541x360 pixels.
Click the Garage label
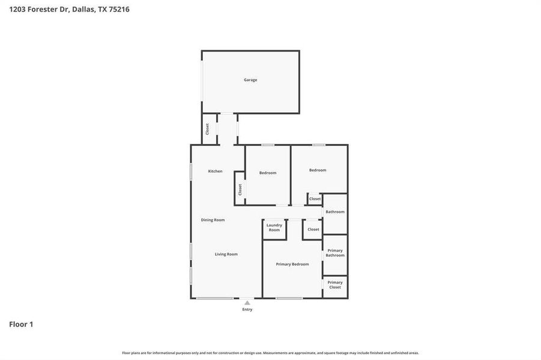click(x=250, y=80)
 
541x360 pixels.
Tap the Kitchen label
click(x=215, y=171)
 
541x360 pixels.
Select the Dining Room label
click(x=213, y=220)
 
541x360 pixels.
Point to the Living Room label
click(x=226, y=254)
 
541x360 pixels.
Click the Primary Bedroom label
click(x=292, y=264)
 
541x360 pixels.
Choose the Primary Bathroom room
click(x=335, y=253)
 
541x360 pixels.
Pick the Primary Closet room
click(x=335, y=285)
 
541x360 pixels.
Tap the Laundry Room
click(x=274, y=227)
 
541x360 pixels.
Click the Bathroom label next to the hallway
click(x=335, y=212)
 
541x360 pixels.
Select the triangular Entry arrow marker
click(x=247, y=303)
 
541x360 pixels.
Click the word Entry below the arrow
click(x=247, y=310)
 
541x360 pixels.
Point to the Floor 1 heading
click(x=21, y=324)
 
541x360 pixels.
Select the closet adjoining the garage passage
click(x=208, y=129)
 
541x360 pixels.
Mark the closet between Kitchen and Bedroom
click(x=240, y=190)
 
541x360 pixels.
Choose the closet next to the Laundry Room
click(x=313, y=229)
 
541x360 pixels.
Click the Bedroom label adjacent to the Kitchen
click(x=268, y=173)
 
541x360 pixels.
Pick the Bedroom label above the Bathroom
click(x=318, y=170)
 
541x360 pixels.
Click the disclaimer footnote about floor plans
click(x=270, y=353)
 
